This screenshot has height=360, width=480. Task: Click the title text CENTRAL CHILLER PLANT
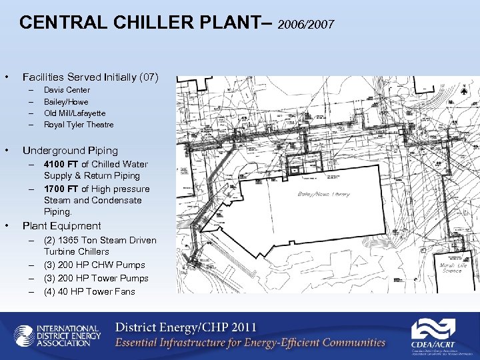(141, 23)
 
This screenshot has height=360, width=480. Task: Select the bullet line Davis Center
(67, 90)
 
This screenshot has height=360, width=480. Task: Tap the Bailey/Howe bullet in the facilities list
(66, 102)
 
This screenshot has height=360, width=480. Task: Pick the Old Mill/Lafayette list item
(75, 113)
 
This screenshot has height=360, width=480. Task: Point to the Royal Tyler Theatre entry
(79, 125)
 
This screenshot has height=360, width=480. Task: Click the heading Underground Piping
(70, 151)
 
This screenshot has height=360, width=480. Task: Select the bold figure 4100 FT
(61, 164)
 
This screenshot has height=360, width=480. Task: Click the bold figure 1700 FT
(61, 189)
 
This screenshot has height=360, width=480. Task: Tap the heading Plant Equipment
(62, 226)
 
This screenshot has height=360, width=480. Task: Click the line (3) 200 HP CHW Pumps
(94, 265)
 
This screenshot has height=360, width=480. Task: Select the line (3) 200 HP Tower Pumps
(96, 278)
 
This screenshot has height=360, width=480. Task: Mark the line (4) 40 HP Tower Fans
(89, 291)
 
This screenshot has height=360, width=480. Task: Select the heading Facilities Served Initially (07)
(91, 77)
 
